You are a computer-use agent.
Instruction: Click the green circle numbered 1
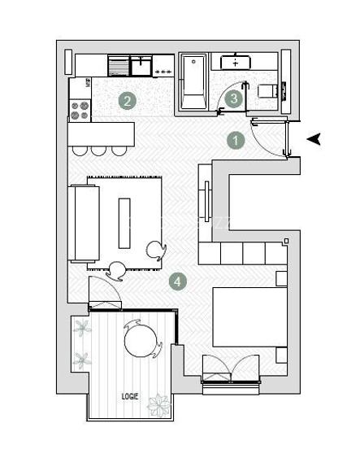point(235,140)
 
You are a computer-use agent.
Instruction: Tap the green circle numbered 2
point(127,101)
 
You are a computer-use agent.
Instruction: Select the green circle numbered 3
point(234,99)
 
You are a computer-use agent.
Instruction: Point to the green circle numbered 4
point(178,281)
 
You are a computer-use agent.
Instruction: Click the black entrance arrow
point(314,139)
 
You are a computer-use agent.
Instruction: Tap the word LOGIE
point(129,396)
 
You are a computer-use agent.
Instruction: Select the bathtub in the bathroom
point(193,81)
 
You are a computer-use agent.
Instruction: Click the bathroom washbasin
point(236,62)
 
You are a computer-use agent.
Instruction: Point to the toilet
point(267,92)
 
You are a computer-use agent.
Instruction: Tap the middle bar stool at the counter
point(98,150)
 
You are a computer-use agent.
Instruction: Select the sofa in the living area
point(84,223)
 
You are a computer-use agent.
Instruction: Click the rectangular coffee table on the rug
point(124,222)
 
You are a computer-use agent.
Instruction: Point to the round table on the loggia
point(139,340)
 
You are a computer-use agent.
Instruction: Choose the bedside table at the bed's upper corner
point(281,278)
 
